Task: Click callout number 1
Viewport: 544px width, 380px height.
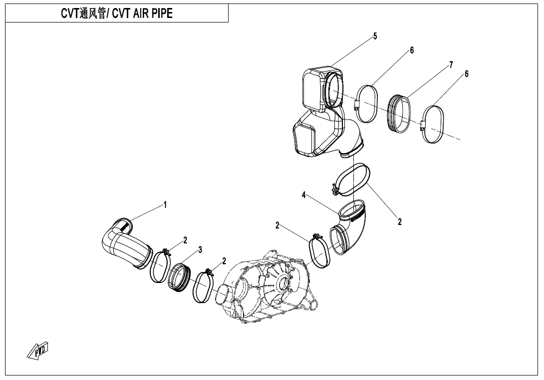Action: tap(164, 204)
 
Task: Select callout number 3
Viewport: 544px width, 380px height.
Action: tap(200, 250)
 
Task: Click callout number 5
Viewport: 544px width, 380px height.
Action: tap(375, 36)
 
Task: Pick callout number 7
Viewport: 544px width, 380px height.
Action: tap(451, 64)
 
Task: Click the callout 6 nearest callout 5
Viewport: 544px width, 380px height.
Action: tap(412, 50)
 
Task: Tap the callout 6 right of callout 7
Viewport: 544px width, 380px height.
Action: tap(467, 73)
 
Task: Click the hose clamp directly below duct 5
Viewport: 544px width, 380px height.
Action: tap(352, 180)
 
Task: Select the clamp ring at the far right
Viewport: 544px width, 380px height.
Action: tap(433, 124)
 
